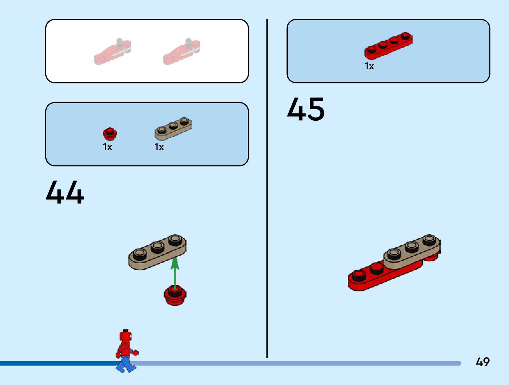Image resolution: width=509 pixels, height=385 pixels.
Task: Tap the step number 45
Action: [306, 109]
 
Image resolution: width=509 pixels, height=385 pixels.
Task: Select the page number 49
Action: [482, 362]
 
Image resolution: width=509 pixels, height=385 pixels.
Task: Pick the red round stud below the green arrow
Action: [175, 295]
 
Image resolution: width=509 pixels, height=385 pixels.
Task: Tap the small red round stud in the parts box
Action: [110, 134]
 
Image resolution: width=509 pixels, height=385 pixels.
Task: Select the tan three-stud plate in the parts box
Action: [173, 128]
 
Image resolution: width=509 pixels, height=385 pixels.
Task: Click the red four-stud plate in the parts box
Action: [388, 46]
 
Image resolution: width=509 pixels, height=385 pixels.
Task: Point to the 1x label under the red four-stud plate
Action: [369, 66]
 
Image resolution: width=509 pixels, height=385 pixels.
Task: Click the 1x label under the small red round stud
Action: [107, 147]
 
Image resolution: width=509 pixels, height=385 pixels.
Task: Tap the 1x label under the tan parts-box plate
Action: [159, 147]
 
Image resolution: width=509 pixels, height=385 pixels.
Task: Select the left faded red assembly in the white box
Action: [112, 52]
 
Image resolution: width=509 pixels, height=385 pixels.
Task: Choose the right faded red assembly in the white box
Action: [181, 52]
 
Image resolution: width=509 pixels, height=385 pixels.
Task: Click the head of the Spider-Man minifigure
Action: [125, 336]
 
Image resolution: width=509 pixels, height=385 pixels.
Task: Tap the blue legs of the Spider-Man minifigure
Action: [126, 365]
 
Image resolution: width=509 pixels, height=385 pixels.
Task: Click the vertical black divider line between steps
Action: [267, 189]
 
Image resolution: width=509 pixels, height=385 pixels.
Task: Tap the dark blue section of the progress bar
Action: [57, 363]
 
